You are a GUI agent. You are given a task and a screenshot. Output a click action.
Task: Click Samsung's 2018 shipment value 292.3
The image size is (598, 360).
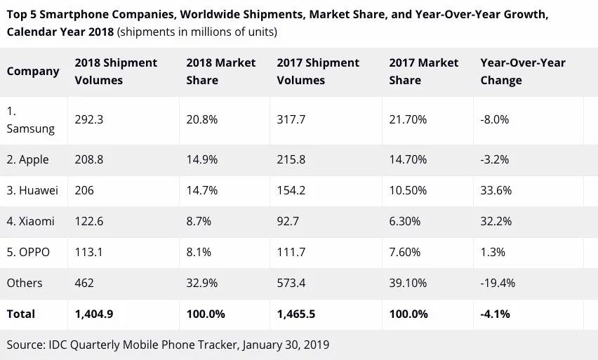[89, 119]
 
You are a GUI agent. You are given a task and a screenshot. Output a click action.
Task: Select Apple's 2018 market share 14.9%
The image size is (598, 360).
[201, 159]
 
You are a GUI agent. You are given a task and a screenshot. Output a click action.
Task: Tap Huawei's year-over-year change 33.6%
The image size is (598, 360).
[496, 190]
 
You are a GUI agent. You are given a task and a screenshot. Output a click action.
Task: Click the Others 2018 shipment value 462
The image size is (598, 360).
[84, 283]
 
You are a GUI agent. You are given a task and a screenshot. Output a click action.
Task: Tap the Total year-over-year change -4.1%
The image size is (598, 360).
[495, 314]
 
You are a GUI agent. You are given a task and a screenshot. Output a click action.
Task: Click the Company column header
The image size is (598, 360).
[33, 71]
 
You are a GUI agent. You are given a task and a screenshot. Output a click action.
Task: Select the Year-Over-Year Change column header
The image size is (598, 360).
[523, 71]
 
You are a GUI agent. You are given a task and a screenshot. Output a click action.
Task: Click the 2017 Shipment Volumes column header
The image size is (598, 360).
[318, 71]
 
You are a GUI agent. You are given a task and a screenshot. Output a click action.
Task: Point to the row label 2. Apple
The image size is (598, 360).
[28, 159]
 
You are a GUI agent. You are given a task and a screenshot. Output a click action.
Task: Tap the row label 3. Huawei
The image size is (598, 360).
[32, 190]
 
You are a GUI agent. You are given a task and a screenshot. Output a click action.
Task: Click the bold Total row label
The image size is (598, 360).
[21, 314]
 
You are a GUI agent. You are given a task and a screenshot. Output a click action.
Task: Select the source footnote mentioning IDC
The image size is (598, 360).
[168, 345]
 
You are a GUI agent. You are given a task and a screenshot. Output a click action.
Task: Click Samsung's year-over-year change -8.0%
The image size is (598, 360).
[494, 119]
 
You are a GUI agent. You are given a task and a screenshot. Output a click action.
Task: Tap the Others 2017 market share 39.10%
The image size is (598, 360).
[408, 283]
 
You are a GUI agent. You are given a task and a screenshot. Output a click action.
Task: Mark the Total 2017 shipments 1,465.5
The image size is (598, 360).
[296, 314]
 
